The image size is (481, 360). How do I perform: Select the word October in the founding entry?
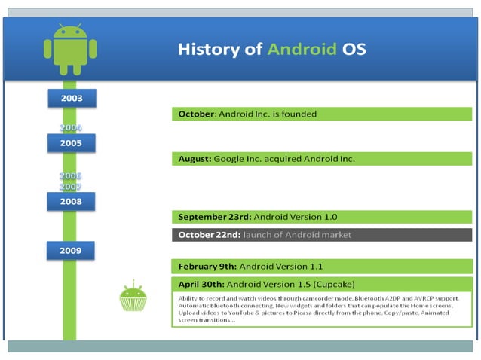(x=197, y=114)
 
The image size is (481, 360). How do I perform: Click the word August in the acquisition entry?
(x=195, y=159)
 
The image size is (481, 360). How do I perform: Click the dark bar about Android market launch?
(x=322, y=235)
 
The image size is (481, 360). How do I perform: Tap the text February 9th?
(x=207, y=267)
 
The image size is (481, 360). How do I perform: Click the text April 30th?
(x=201, y=284)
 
